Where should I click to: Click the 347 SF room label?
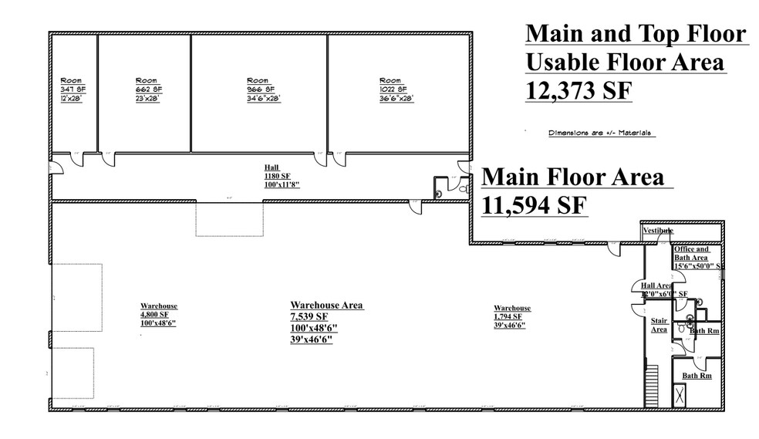pyautogui.click(x=73, y=89)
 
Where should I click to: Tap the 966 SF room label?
pyautogui.click(x=258, y=89)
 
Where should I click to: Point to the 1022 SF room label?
pyautogui.click(x=391, y=89)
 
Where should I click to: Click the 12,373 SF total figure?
pyautogui.click(x=579, y=90)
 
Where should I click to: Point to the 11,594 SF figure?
pyautogui.click(x=535, y=206)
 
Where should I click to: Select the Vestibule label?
pyautogui.click(x=658, y=231)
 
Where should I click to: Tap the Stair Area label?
pyautogui.click(x=659, y=324)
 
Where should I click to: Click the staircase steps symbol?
pyautogui.click(x=651, y=386)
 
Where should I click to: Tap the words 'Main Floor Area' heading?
pyautogui.click(x=572, y=177)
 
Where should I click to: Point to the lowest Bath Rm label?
pyautogui.click(x=696, y=376)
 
